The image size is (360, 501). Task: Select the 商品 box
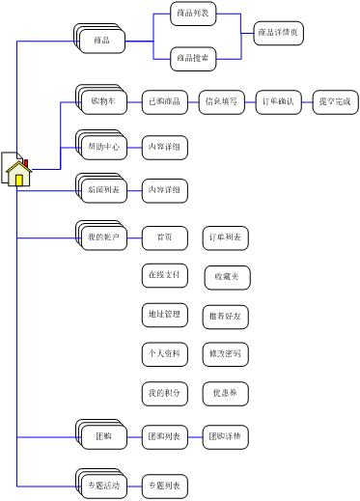click(102, 41)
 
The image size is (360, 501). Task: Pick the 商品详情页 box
click(278, 34)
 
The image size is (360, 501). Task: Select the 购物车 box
click(102, 101)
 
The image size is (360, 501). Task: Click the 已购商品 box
click(164, 101)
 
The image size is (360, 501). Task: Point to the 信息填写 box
click(222, 101)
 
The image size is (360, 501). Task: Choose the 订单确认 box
click(279, 101)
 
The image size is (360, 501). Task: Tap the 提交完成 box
click(335, 101)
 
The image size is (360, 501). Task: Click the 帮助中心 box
click(102, 148)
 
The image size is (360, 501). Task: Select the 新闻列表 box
click(102, 191)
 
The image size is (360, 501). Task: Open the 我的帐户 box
click(102, 237)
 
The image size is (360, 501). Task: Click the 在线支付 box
click(164, 275)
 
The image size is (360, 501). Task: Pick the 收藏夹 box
click(226, 276)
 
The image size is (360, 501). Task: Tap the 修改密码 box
click(226, 354)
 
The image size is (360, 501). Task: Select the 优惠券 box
click(226, 393)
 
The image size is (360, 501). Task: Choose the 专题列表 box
click(164, 485)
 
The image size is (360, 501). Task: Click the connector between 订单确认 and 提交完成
click(307, 101)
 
